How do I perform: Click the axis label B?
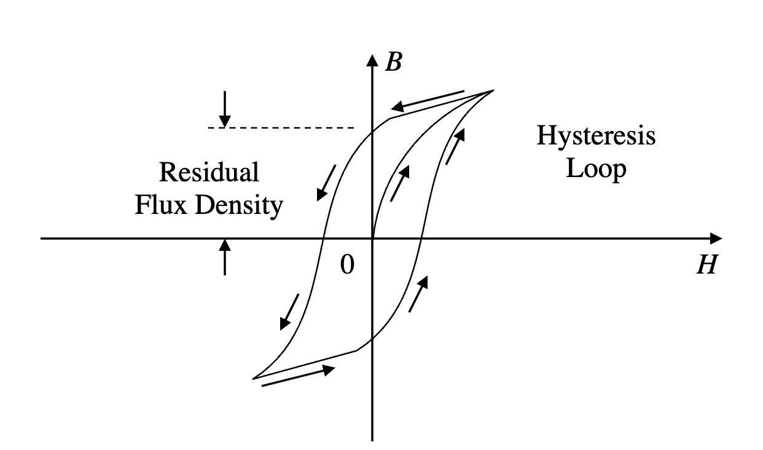tap(393, 63)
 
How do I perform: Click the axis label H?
tap(706, 266)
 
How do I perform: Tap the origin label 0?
tap(348, 265)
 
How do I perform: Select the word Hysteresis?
tap(596, 136)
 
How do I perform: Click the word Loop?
tap(596, 168)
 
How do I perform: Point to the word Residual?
tap(209, 173)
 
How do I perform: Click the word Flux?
tap(163, 205)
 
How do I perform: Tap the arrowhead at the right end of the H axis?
tap(717, 238)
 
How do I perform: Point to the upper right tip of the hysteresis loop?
tap(493, 90)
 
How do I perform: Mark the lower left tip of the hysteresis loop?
tap(253, 379)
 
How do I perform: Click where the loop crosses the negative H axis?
tap(323, 238)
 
